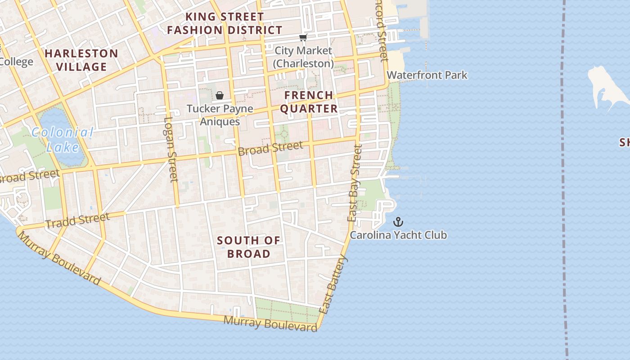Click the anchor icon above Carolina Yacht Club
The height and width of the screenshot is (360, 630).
(398, 222)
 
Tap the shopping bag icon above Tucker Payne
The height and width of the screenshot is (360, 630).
(220, 95)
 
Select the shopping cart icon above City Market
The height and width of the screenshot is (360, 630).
(303, 38)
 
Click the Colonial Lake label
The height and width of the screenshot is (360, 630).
(63, 139)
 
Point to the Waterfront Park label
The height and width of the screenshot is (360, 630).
(427, 75)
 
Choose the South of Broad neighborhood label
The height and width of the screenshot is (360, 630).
(248, 247)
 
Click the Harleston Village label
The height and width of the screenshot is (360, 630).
(81, 60)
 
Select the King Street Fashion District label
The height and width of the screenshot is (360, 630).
(225, 23)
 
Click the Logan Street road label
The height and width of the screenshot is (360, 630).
(170, 149)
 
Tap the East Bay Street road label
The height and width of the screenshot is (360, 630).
(355, 183)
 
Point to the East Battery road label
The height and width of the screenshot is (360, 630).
(333, 284)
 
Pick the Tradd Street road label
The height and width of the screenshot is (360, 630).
(77, 220)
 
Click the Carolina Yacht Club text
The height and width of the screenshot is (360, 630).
(398, 235)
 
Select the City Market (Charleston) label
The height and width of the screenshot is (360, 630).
(303, 57)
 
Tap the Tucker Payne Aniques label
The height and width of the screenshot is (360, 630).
(220, 115)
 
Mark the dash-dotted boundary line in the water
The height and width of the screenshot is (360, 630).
(563, 180)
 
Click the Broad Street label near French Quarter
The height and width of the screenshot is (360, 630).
(270, 148)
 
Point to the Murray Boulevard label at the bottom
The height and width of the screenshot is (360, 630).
(270, 324)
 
